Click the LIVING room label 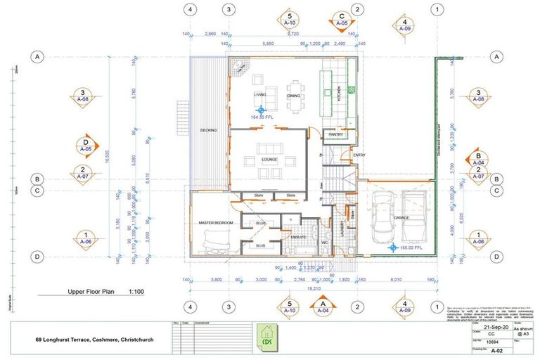click(259, 94)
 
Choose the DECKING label click(208, 130)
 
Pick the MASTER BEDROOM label click(216, 223)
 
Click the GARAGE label click(401, 218)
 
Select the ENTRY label click(359, 155)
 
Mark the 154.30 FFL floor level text click(262, 117)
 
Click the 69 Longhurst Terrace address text click(95, 340)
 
